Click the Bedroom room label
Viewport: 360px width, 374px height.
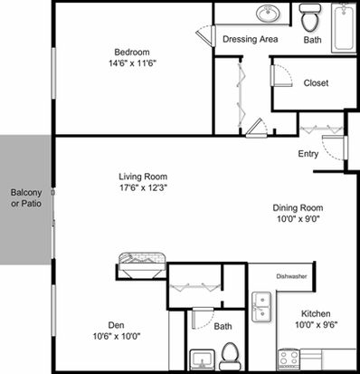tap(132, 52)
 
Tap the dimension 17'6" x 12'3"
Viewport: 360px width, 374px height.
tap(143, 187)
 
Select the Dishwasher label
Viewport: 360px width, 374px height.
tap(291, 276)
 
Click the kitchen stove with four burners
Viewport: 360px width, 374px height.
tap(289, 360)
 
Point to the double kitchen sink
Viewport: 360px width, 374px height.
tap(261, 307)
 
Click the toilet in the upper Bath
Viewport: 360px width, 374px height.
tap(309, 17)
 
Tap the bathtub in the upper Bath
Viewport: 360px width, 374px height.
tap(344, 28)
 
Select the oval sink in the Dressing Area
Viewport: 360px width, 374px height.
tap(268, 14)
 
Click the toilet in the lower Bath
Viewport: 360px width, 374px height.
tap(230, 356)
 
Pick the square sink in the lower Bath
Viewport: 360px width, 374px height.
tap(202, 360)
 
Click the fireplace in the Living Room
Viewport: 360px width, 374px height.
tap(142, 266)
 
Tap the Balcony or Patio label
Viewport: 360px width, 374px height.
tap(26, 198)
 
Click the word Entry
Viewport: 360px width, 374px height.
tap(308, 154)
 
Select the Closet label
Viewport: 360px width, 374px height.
tap(316, 82)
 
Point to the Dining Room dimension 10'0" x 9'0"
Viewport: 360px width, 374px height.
tap(298, 218)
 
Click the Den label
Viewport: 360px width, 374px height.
tap(116, 325)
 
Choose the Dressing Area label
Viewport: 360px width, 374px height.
tap(251, 39)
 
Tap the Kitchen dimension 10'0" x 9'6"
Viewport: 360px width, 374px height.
tap(316, 325)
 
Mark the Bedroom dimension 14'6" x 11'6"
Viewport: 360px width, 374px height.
tap(133, 63)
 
